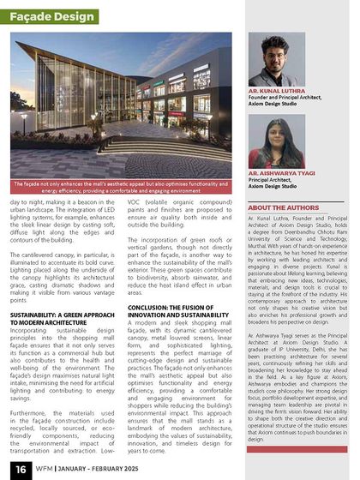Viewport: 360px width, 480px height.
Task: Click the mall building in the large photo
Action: pyautogui.click(x=137, y=103)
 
